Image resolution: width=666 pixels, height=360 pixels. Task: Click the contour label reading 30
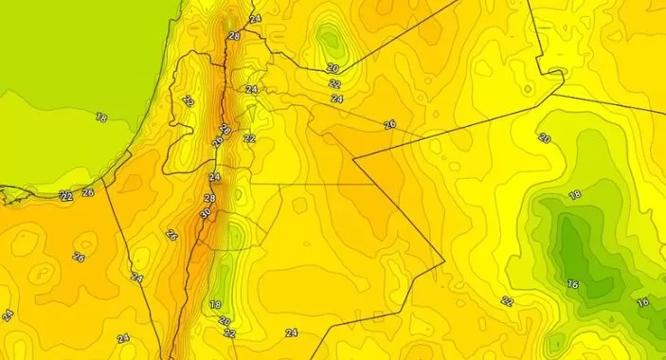206,214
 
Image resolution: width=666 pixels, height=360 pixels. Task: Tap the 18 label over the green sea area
101,117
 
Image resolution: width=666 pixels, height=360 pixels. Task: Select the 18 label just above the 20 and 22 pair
215,305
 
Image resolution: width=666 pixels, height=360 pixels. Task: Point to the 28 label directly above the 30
209,198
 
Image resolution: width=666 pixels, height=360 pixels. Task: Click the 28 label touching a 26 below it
225,130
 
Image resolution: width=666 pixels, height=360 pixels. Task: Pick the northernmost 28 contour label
234,36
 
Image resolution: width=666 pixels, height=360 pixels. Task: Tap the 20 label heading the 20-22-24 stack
333,68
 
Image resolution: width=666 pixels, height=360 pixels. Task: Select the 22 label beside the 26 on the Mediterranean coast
66,196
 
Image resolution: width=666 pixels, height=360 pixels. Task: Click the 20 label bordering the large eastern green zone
545,138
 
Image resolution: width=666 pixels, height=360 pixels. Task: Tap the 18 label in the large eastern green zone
574,195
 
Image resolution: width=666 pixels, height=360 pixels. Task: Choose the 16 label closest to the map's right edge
642,302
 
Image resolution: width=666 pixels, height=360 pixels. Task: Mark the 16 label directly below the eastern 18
572,283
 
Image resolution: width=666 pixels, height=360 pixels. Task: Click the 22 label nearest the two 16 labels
508,301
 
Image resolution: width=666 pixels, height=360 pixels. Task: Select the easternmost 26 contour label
389,125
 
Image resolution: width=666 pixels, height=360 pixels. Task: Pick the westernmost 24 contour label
8,315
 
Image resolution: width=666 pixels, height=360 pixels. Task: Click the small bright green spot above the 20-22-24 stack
330,40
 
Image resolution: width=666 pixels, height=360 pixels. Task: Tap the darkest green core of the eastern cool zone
573,242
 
